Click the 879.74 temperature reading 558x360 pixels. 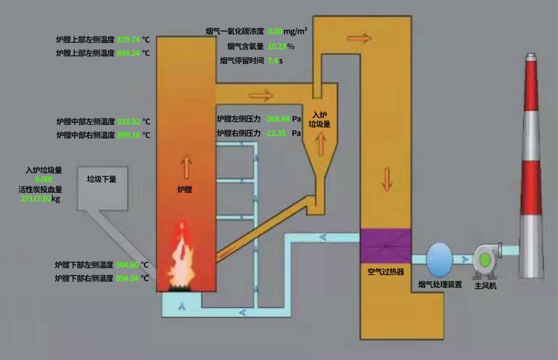click(128, 40)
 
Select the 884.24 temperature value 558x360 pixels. click(128, 53)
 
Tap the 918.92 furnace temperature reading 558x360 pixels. click(128, 122)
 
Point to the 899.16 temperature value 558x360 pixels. click(128, 135)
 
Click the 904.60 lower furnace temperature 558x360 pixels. click(127, 265)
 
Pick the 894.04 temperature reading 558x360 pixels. click(127, 278)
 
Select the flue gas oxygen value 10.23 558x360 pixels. click(276, 46)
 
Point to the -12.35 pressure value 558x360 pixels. click(275, 133)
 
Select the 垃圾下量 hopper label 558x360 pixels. click(102, 178)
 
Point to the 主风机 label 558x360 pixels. click(485, 286)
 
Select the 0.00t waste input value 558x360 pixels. click(44, 180)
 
